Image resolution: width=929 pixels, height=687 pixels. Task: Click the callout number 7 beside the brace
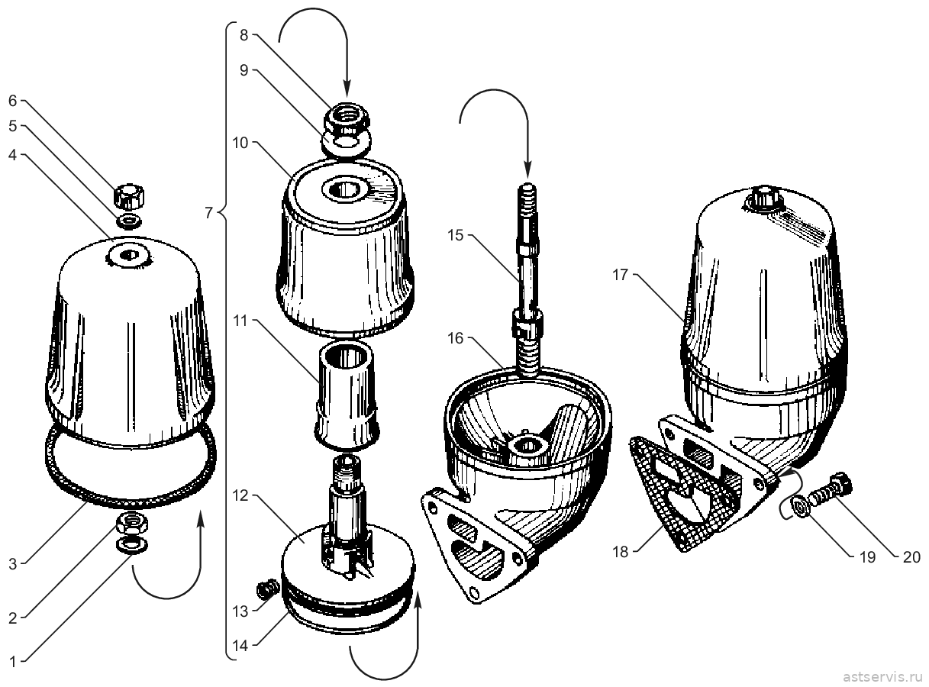click(209, 214)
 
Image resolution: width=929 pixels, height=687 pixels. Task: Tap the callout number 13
click(240, 611)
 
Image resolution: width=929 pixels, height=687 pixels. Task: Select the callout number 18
click(621, 552)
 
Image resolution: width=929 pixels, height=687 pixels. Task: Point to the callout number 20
click(911, 557)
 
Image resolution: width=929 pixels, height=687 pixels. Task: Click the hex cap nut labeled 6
click(129, 196)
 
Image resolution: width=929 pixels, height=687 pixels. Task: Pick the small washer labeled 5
click(128, 221)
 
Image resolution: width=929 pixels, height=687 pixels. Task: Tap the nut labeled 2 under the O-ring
click(132, 522)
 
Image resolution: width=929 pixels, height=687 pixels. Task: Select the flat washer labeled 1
click(132, 544)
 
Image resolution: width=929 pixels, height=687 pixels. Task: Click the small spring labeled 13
click(268, 590)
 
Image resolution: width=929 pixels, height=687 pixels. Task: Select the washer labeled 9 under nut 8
click(346, 144)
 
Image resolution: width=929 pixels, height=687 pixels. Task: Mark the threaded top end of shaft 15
click(527, 199)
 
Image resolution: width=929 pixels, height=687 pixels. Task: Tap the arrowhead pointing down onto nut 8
click(347, 89)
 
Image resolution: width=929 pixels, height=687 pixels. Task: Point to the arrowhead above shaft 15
click(527, 169)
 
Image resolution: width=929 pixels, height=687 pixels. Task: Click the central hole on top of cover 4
click(129, 255)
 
